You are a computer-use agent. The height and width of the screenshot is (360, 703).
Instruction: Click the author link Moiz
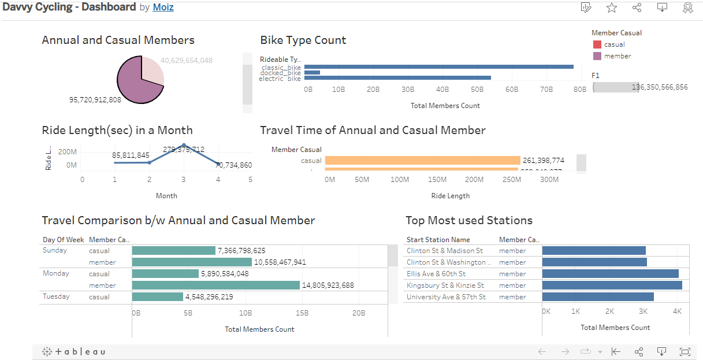click(x=163, y=8)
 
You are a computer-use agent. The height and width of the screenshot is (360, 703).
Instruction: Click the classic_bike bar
click(x=438, y=67)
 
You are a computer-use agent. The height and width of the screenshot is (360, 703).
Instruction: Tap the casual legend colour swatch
click(x=597, y=44)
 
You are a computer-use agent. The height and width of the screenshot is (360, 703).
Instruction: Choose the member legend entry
click(x=617, y=56)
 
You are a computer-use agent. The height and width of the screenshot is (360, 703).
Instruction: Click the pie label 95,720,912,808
click(x=95, y=100)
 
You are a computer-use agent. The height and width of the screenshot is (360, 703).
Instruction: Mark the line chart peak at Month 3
click(x=184, y=145)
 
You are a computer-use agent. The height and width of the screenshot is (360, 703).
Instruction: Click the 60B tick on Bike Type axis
click(x=511, y=90)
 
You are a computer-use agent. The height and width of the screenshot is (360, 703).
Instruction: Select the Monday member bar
click(x=215, y=285)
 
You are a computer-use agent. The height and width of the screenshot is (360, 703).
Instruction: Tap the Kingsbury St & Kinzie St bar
click(x=612, y=285)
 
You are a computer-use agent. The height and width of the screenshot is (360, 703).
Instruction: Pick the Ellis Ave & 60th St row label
click(x=436, y=274)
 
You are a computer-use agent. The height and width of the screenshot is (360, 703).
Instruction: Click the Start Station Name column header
click(x=438, y=240)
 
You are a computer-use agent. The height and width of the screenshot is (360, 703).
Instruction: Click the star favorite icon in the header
click(x=612, y=8)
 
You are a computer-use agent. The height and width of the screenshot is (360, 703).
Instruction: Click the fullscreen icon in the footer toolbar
click(x=685, y=351)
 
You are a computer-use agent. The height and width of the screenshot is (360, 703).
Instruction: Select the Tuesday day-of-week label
click(x=56, y=297)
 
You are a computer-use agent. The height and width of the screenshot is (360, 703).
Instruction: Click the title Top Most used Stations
click(x=469, y=220)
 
